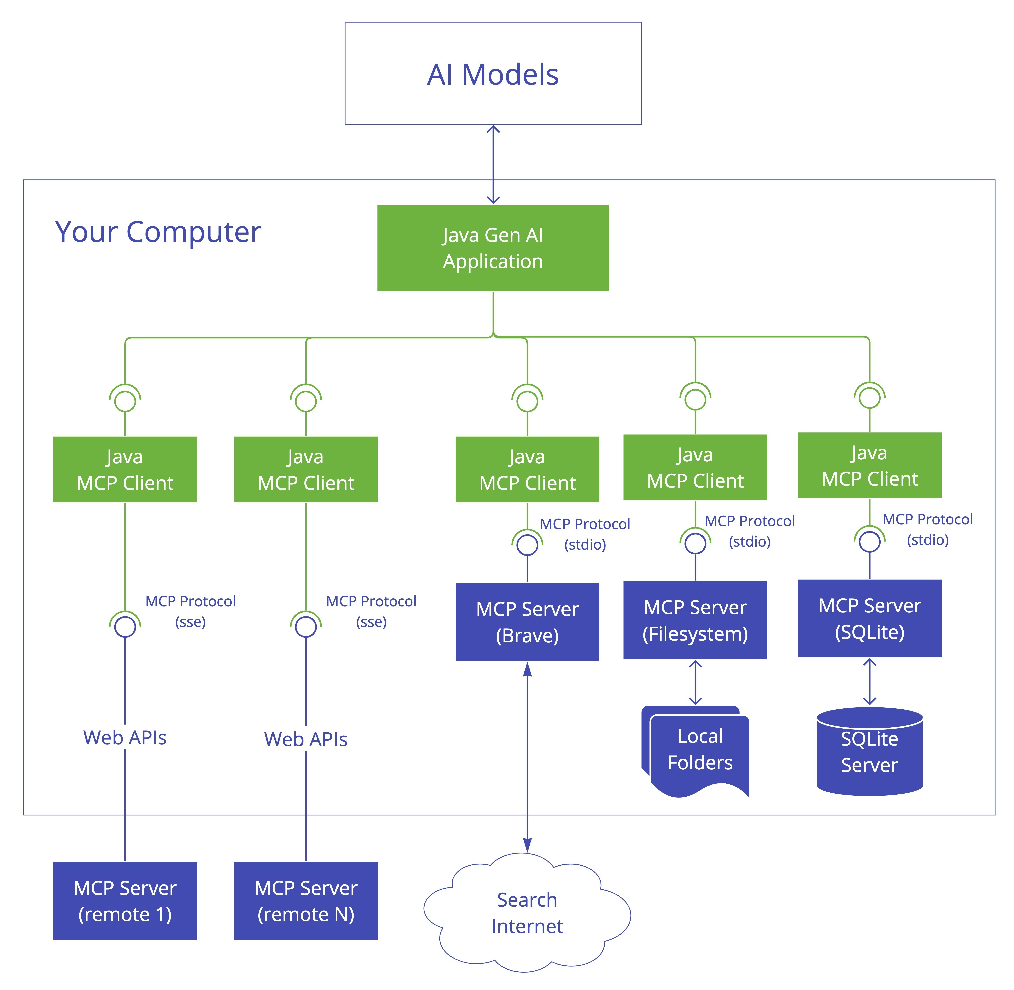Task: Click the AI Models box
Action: pyautogui.click(x=493, y=73)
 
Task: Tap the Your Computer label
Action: pyautogui.click(x=158, y=232)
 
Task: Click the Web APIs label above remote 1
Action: pyautogui.click(x=125, y=737)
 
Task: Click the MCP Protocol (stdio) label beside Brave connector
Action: pyautogui.click(x=585, y=534)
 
